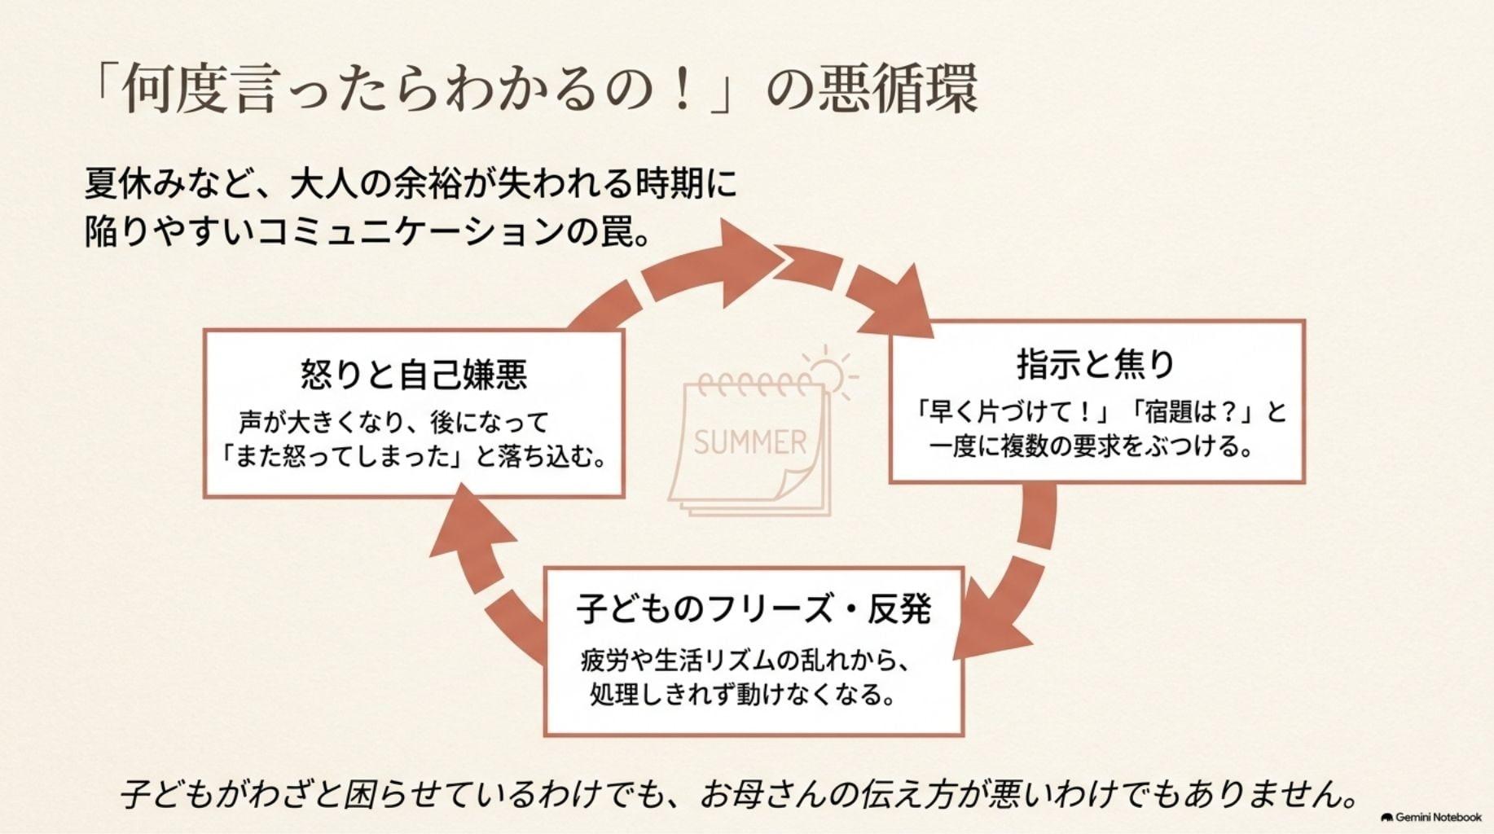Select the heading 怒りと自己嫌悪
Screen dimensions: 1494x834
414,374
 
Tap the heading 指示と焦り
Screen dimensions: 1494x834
1096,364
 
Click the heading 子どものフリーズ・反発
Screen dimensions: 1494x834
754,608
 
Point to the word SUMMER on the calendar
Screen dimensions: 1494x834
750,442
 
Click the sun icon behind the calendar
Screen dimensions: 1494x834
829,372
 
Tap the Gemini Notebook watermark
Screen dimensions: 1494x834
1431,817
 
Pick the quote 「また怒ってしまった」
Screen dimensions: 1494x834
340,456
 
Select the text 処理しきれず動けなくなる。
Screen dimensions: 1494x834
742,695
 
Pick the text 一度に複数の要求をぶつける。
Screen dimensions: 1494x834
1092,446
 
